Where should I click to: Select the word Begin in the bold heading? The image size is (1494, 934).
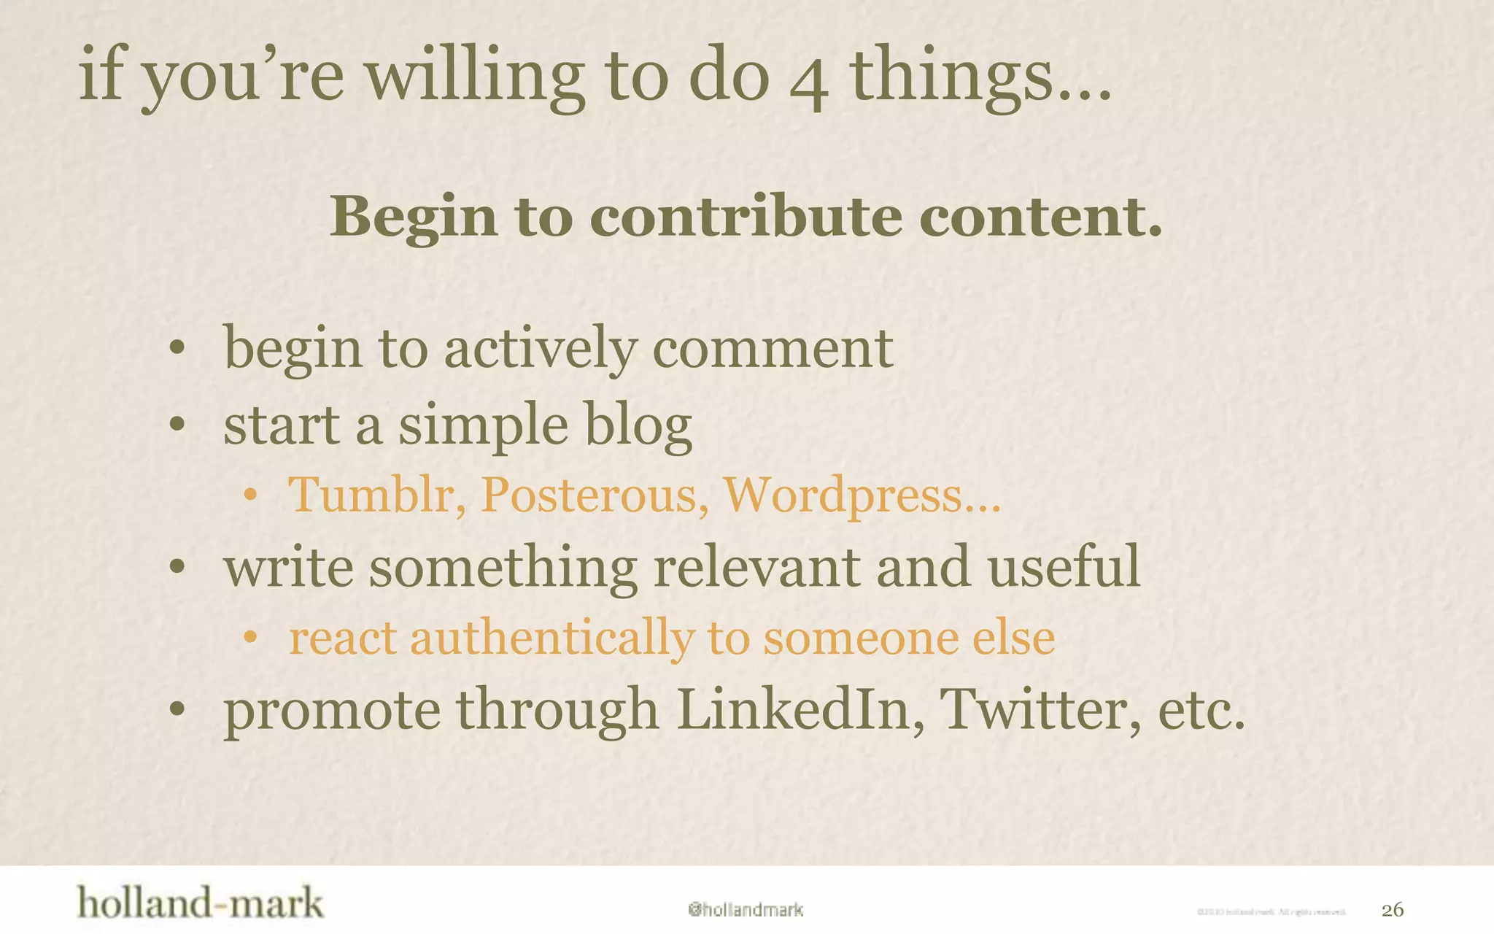414,218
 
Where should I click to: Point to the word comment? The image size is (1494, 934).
773,349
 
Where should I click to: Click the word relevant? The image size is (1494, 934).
756,567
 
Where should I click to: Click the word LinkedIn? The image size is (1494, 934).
794,709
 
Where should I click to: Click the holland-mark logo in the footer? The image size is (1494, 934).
200,903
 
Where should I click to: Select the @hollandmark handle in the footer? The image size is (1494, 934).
745,910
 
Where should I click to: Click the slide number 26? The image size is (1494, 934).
1392,910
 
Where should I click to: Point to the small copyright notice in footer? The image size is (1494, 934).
1271,911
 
